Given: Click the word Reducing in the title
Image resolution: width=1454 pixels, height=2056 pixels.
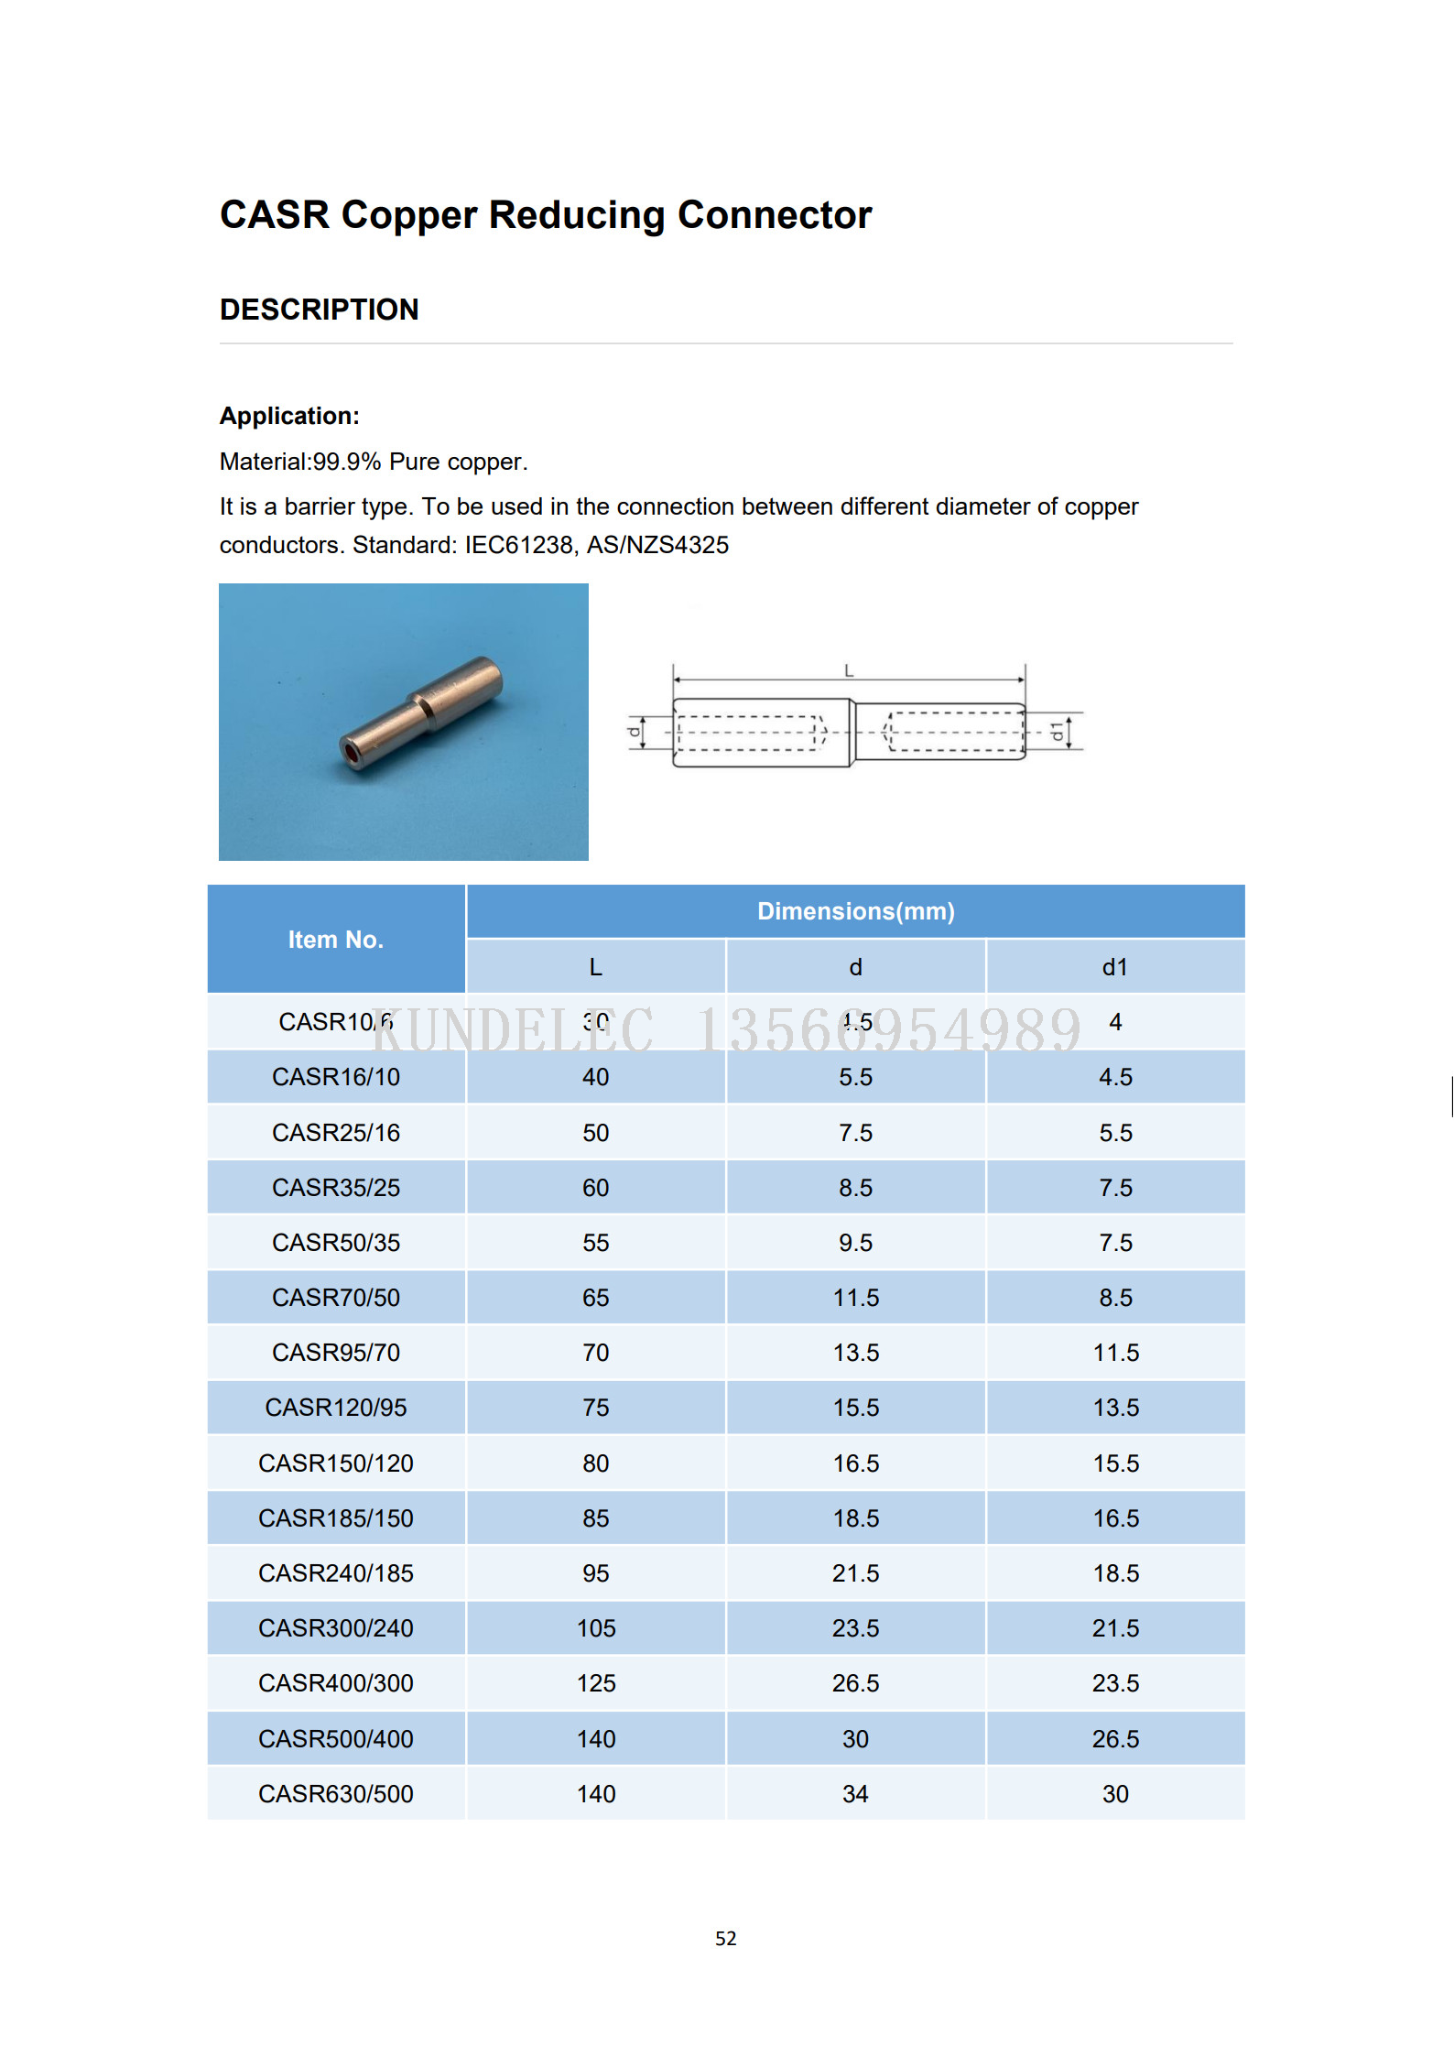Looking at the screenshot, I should coord(576,215).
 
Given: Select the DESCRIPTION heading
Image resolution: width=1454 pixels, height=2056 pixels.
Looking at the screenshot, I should coord(319,310).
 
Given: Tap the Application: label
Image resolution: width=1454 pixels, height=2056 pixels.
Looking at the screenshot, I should coord(289,416).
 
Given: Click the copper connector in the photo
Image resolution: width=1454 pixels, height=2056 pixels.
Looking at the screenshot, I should coord(421,713).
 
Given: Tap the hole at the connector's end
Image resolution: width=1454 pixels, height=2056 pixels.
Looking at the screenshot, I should coord(352,753).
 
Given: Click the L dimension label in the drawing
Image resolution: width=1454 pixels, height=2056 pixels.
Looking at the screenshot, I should coord(849,670).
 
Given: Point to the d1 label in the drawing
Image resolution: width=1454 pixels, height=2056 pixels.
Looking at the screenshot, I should coord(1058,731).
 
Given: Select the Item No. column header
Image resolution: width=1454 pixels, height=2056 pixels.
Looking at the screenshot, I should coord(335,940).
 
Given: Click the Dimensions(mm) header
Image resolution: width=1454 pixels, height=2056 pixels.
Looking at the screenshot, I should coord(855,911).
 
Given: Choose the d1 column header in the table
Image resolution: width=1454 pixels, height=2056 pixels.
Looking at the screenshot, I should coord(1114,967).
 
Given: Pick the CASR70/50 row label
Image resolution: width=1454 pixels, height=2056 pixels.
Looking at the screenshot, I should coord(336,1298).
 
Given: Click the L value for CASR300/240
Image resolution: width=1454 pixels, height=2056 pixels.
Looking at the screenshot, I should coord(596,1628).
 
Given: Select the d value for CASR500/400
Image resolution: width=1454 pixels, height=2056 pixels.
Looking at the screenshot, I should coord(855,1738).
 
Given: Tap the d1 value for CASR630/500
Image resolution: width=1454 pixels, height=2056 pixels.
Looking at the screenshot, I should coord(1114,1793).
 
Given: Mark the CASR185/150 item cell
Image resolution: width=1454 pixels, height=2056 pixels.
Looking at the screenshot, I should coord(336,1518).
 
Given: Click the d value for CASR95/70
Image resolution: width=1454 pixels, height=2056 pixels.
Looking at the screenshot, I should coord(855,1353).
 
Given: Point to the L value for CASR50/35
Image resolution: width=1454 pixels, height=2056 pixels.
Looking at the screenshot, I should coord(596,1243).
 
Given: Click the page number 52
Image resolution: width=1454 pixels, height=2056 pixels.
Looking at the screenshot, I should coord(725,1938).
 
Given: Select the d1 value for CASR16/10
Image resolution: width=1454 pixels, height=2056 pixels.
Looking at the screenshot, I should coord(1114,1077).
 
